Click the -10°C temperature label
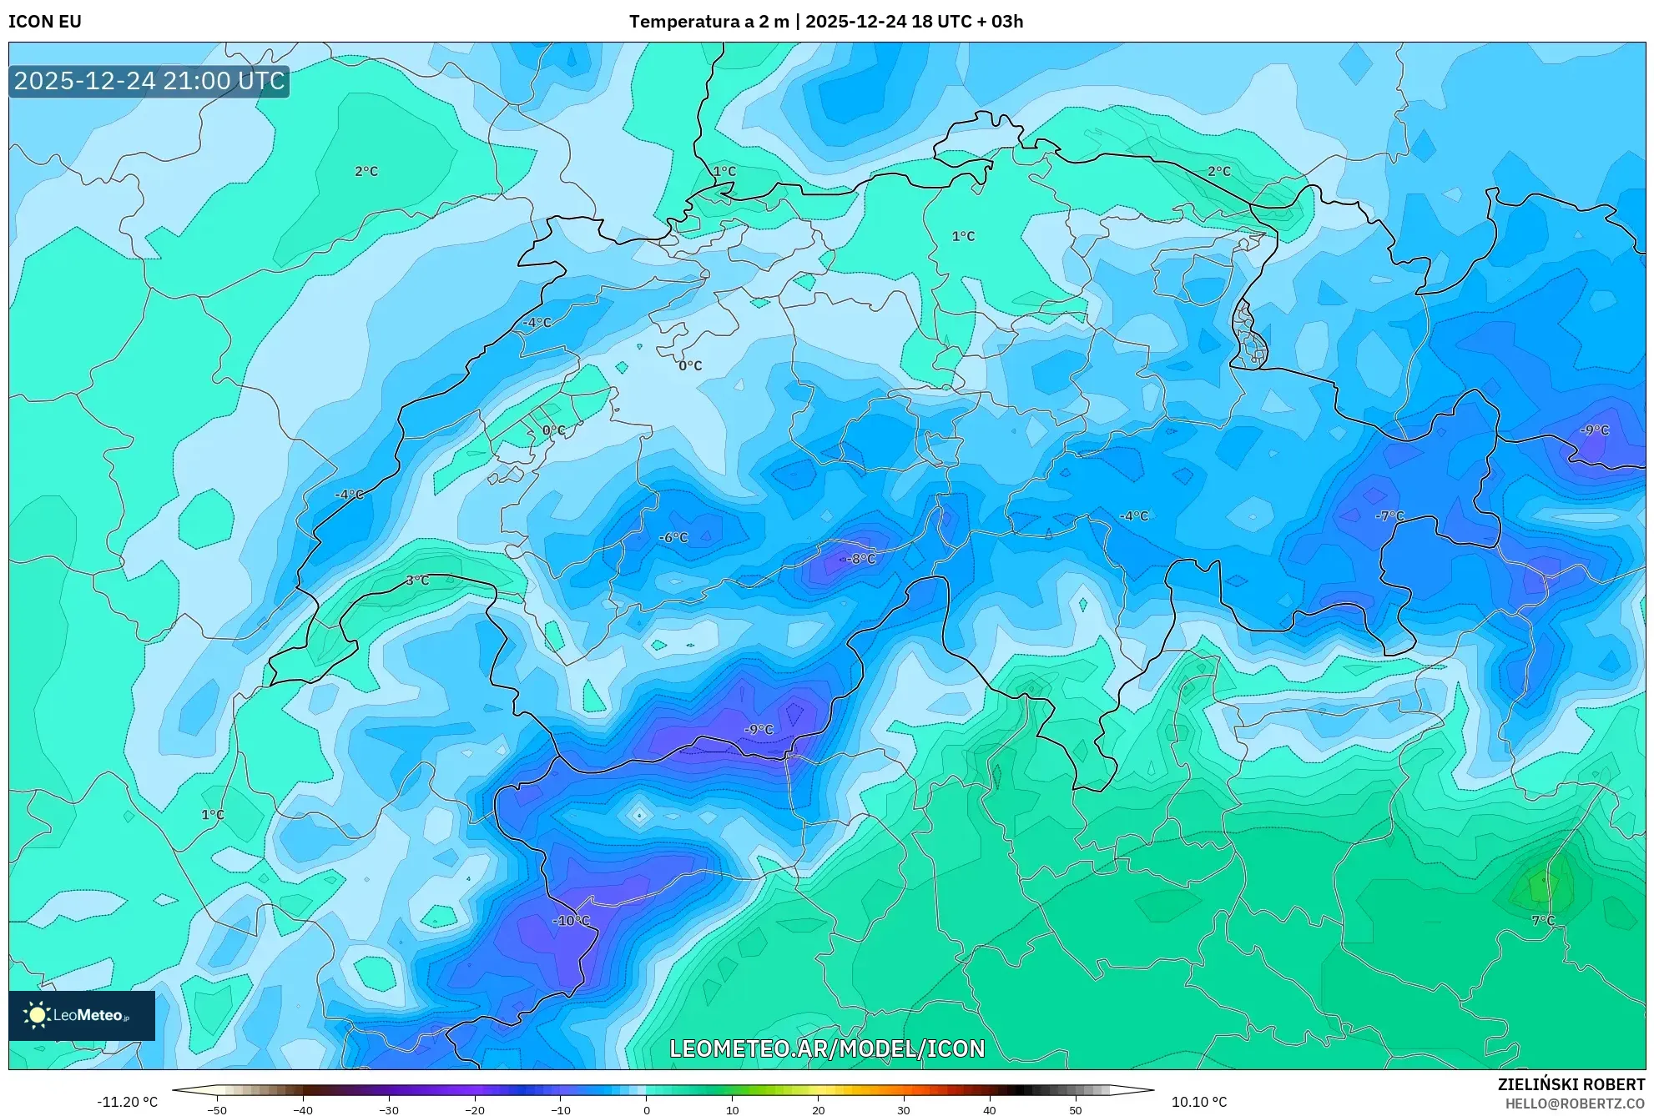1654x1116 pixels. tap(571, 921)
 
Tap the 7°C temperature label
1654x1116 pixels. tap(1543, 921)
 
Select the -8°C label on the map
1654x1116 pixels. tap(860, 559)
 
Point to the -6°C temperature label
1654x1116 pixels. tap(673, 538)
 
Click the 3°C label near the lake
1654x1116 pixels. tap(417, 581)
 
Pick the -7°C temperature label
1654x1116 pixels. tap(1389, 516)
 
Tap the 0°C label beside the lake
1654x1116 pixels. tap(554, 430)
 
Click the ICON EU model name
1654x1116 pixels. tap(45, 22)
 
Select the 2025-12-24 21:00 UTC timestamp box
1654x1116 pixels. tap(149, 81)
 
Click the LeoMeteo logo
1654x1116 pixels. tap(82, 1015)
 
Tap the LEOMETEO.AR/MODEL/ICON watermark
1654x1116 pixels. tap(827, 1048)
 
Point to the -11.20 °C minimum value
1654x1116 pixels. tap(127, 1102)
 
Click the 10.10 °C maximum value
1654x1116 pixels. tap(1198, 1102)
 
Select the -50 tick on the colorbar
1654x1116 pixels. tap(216, 1110)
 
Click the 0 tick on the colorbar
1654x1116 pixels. tap(647, 1110)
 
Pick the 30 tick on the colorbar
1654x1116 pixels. tap(904, 1110)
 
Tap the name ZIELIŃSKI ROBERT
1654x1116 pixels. tap(1571, 1084)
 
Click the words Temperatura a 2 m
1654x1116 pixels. tap(708, 22)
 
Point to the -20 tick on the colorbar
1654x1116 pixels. tap(474, 1110)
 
